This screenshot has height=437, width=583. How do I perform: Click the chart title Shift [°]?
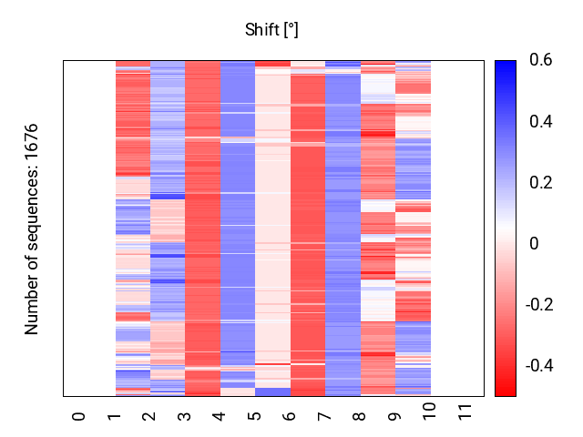[x=271, y=30]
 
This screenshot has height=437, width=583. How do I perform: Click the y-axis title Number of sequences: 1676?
[x=31, y=229]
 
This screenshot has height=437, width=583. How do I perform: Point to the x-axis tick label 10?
[x=429, y=412]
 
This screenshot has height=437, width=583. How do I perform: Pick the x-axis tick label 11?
[x=465, y=412]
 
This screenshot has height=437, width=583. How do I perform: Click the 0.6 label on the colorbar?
[x=541, y=60]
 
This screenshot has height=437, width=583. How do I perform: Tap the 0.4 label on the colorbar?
[x=541, y=121]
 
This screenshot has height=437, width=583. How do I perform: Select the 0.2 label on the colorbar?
[x=541, y=182]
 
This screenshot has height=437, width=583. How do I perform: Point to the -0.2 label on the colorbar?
[x=539, y=305]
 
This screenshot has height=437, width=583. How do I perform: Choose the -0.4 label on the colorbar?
[x=539, y=366]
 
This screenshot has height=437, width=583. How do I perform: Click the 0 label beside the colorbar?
[x=534, y=244]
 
